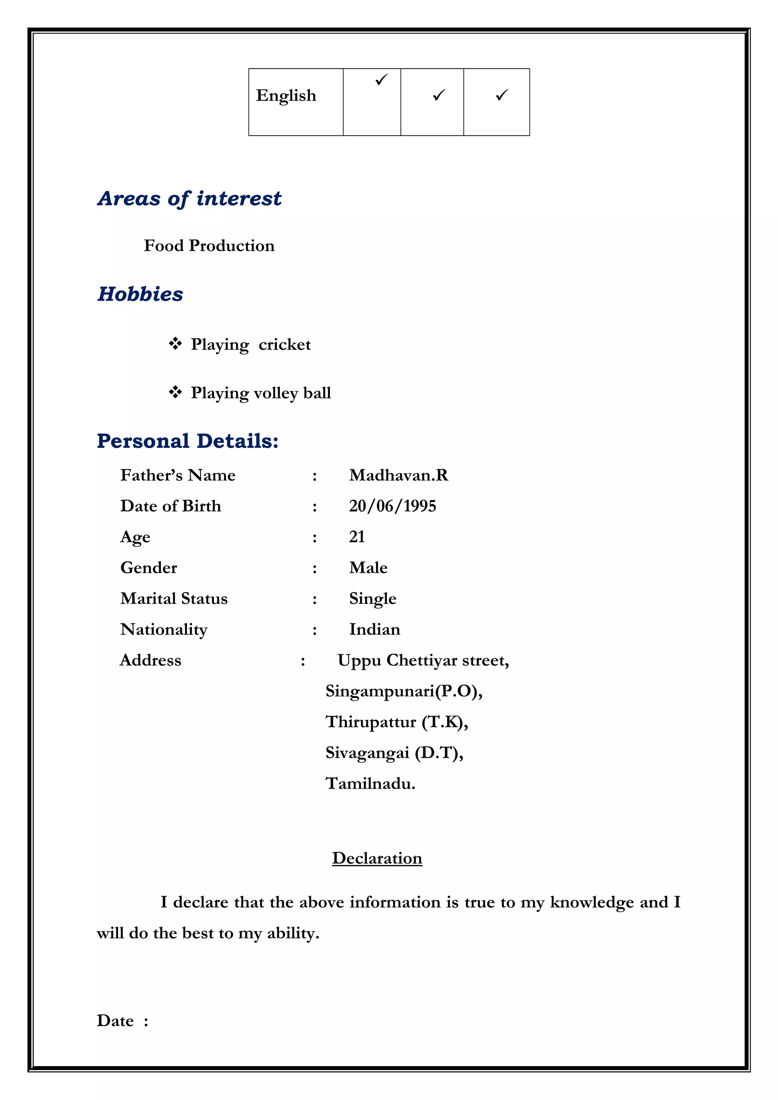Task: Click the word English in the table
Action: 286,95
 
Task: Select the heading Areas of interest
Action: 189,199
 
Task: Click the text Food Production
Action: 209,246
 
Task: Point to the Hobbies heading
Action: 140,294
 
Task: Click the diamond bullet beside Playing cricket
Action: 175,344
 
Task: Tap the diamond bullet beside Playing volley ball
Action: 175,392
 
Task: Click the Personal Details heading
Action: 187,441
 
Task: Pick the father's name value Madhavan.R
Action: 398,475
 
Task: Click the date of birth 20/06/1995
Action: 392,506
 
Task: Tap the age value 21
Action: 357,537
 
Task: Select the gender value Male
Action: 368,568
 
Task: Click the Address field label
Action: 150,660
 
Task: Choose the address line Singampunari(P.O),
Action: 403,691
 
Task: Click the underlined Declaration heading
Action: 377,858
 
